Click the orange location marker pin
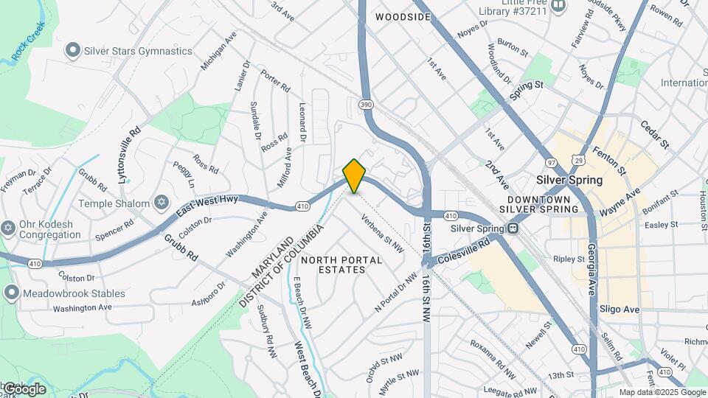point(355,175)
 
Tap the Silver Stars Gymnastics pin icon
point(72,51)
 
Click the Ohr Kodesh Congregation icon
point(8,227)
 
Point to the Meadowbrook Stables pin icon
point(10,293)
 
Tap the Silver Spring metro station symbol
point(512,228)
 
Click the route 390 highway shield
point(366,105)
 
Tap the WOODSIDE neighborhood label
point(403,16)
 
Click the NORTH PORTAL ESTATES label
point(341,265)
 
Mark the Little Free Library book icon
point(558,7)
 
